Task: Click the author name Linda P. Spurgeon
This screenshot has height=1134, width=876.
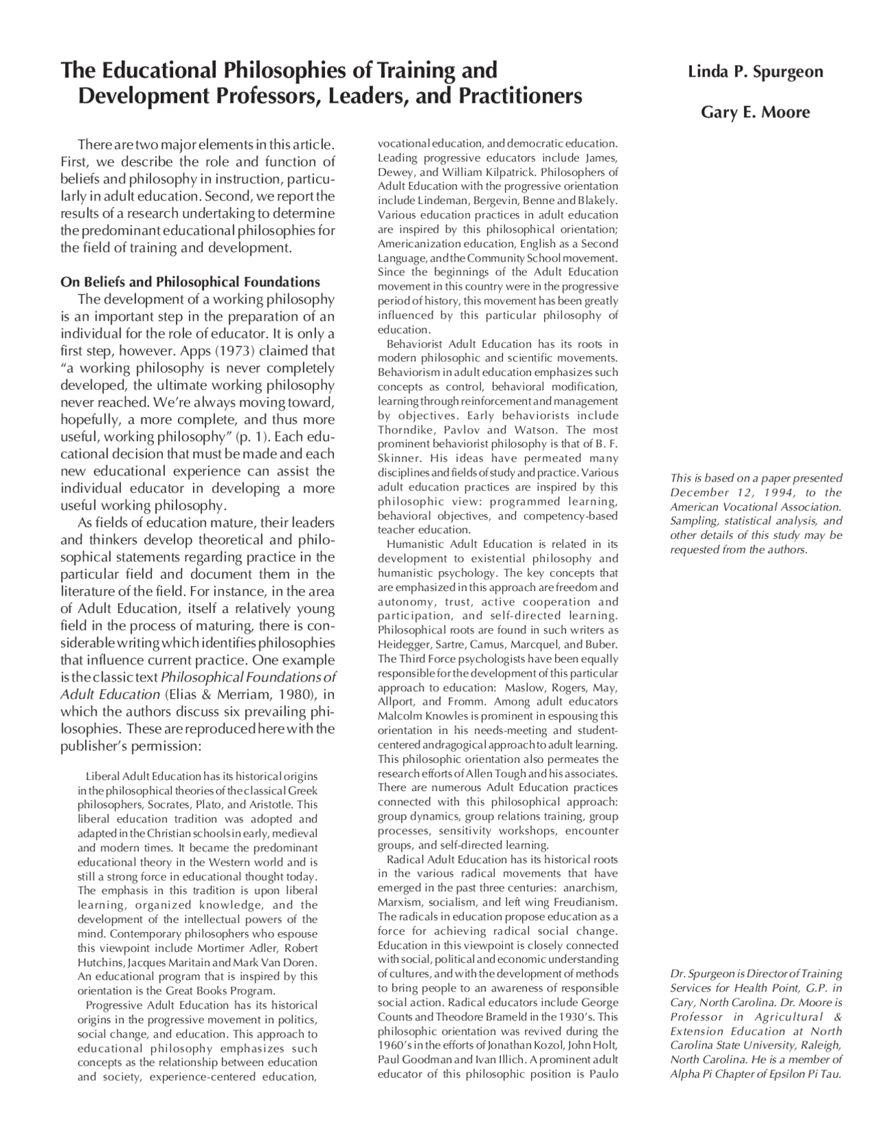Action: point(756,72)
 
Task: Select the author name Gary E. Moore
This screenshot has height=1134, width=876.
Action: point(755,112)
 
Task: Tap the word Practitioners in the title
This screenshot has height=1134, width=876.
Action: point(520,96)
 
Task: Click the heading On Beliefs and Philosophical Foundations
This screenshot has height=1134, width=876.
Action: point(190,282)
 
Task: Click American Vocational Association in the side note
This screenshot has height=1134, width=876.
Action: point(754,507)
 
